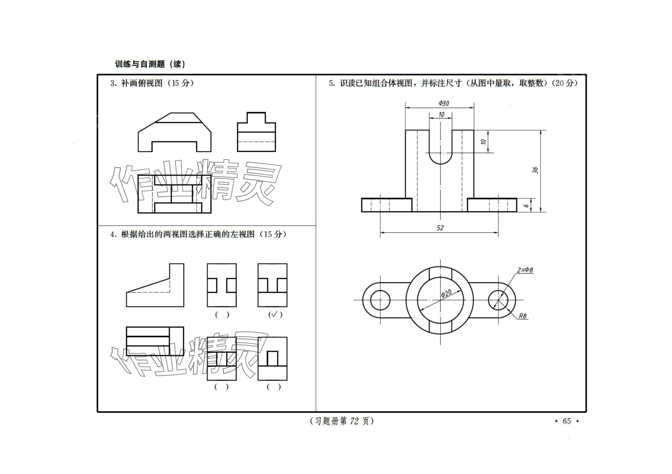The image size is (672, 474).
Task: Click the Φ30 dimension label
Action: (444, 103)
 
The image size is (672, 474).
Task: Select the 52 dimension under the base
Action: (440, 228)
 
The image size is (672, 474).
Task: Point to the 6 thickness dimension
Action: (526, 206)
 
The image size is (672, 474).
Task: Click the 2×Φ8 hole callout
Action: (525, 270)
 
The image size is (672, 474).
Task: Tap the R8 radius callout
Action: (523, 316)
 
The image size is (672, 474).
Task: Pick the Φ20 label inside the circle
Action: (446, 293)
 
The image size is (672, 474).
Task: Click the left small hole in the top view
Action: (380, 300)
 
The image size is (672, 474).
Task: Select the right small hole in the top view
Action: (498, 300)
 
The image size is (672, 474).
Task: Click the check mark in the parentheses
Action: (275, 314)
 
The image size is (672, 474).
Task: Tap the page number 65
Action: (567, 421)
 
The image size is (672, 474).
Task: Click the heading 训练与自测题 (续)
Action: (150, 64)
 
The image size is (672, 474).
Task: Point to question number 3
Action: (113, 83)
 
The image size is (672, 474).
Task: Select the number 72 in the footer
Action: (354, 421)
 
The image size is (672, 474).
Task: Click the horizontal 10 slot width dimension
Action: (441, 115)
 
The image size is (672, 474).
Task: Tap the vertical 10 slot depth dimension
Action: (483, 142)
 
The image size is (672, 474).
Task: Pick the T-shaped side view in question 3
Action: (256, 132)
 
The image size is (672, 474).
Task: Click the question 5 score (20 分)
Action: (565, 83)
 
